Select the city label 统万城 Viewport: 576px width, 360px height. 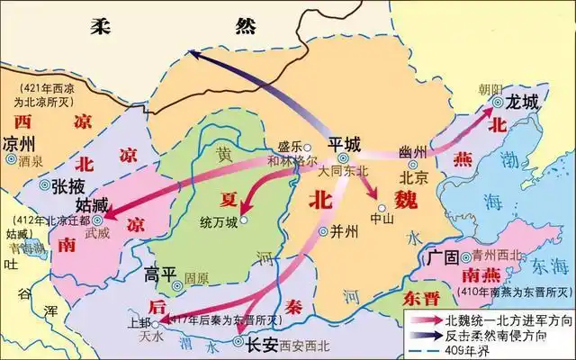point(220,221)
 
